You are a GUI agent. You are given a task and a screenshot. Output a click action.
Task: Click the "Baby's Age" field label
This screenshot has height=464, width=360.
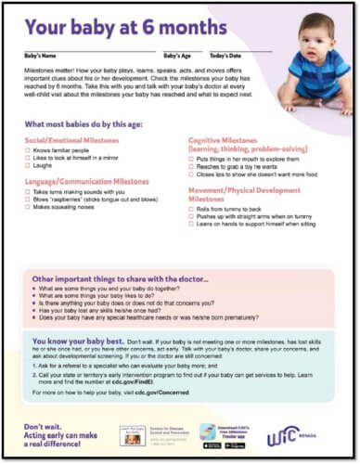pos(176,56)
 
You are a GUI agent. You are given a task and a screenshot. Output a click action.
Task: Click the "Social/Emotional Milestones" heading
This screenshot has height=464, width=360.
pos(76,139)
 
